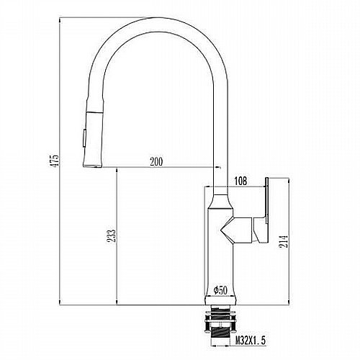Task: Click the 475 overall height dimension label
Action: click(54, 161)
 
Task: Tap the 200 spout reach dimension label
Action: click(156, 162)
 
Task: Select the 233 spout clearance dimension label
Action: click(112, 236)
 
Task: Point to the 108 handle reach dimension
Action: click(240, 181)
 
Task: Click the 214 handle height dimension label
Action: click(284, 242)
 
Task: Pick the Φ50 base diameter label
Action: click(220, 290)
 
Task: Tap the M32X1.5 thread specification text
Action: click(251, 341)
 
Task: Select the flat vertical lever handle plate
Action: click(266, 200)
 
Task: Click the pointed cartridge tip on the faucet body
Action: click(221, 230)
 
